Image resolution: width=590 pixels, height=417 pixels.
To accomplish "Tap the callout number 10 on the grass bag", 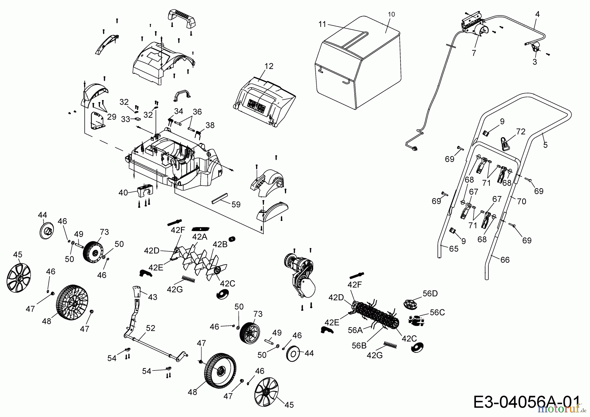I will coord(391,14).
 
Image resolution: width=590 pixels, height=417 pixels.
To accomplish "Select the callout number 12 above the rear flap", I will coord(269,66).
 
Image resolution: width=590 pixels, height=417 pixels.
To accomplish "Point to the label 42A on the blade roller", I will coord(200,237).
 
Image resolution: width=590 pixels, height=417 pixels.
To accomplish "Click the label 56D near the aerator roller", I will coord(430,293).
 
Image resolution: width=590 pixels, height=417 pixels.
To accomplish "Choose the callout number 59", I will coord(236,205).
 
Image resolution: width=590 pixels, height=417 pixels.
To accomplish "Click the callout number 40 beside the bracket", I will coord(123,193).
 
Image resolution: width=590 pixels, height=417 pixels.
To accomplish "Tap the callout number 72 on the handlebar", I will coord(521,132).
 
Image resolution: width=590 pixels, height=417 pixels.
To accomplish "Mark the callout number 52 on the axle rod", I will coord(151,328).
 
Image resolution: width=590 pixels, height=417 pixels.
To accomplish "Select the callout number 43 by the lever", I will coord(153,297).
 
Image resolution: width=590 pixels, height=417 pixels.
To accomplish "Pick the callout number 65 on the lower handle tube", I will coord(454,249).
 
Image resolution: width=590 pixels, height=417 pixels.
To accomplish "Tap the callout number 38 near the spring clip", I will coord(210,125).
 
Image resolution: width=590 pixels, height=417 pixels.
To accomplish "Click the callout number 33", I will coord(126,120).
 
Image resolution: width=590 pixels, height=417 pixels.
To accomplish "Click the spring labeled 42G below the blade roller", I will coord(188,279).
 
